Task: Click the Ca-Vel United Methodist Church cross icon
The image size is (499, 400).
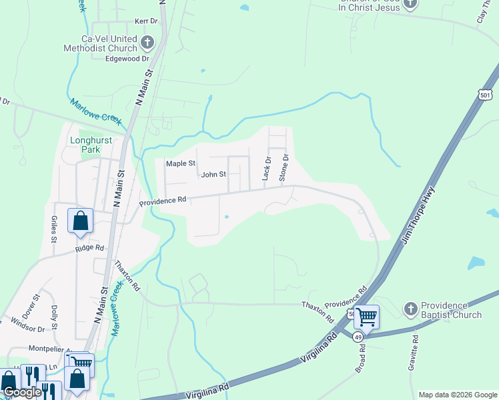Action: [147, 44]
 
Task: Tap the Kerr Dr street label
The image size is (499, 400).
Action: [145, 21]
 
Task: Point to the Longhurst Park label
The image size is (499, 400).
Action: [85, 145]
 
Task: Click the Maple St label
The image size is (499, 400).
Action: [180, 163]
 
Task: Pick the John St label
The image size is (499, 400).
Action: [214, 175]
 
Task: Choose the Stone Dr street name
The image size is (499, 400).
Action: [284, 167]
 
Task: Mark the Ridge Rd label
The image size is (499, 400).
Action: [90, 248]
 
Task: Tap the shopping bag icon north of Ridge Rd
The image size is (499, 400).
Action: [80, 221]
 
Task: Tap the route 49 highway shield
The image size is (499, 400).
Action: [360, 337]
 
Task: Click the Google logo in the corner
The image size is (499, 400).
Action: [21, 393]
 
